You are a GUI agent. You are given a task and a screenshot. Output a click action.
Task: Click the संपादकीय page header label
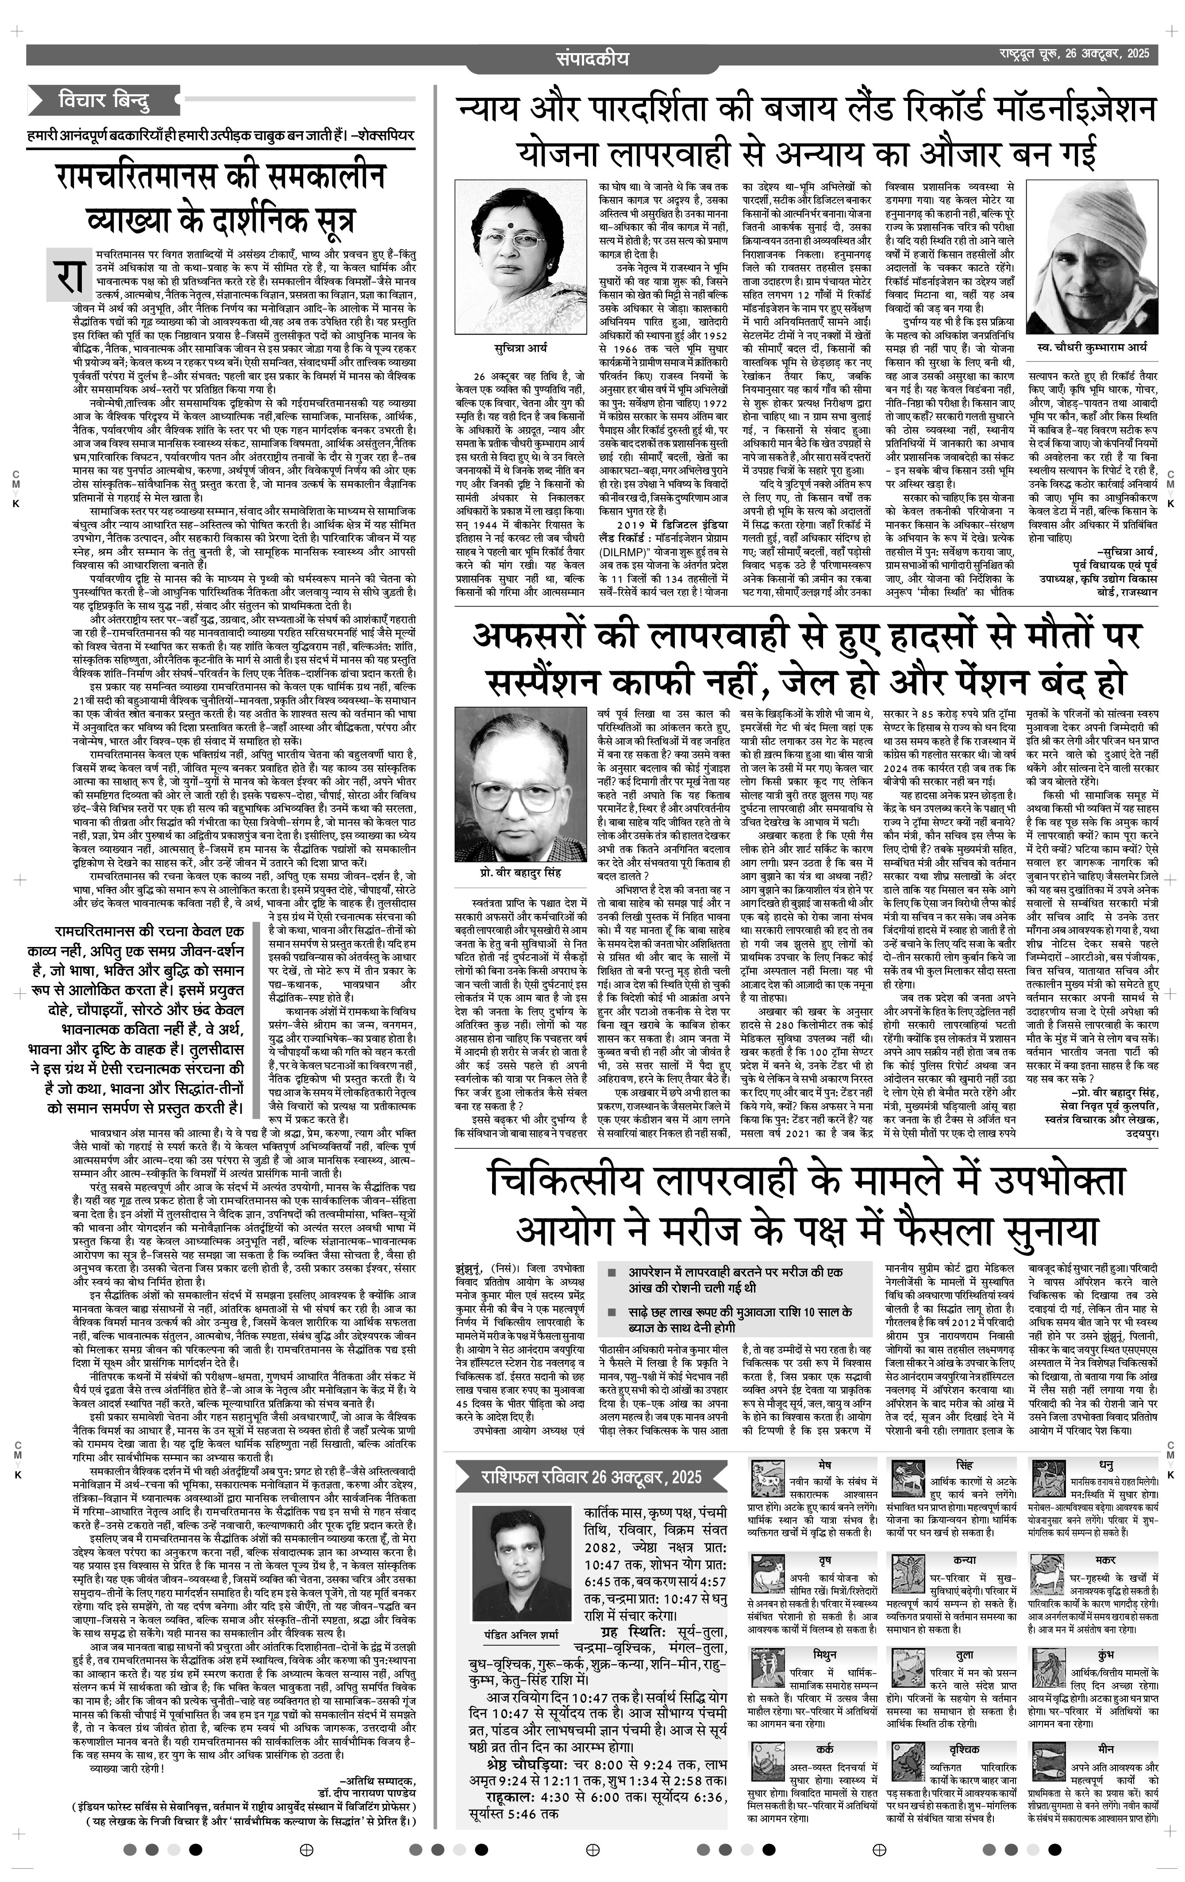592,58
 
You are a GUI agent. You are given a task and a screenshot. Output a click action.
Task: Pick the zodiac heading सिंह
964,1463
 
